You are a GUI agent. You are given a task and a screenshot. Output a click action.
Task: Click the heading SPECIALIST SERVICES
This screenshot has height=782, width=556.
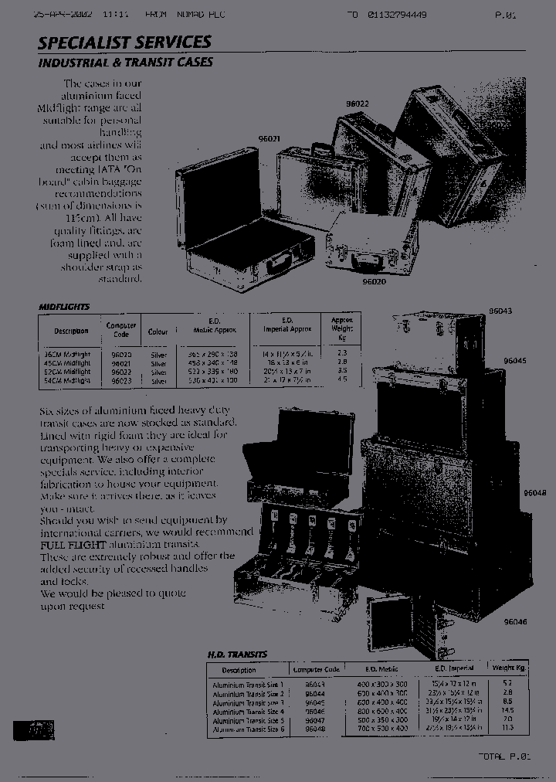point(124,42)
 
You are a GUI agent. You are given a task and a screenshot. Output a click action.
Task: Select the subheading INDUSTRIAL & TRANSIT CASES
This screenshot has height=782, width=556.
point(125,62)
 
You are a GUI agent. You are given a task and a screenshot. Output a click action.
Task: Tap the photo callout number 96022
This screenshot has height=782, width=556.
point(357,103)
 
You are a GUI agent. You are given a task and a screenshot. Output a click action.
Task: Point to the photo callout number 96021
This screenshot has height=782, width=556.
point(269,140)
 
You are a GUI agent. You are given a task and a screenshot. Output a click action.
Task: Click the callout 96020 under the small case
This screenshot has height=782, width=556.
point(374,282)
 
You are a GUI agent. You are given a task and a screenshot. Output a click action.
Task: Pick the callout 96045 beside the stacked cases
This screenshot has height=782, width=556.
point(514,361)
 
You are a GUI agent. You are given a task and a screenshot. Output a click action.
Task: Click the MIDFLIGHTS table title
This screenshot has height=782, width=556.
point(64,307)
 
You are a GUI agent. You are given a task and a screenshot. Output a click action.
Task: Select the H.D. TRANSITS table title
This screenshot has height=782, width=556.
point(237,654)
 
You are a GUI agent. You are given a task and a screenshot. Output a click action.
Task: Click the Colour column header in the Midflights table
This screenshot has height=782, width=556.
point(158,331)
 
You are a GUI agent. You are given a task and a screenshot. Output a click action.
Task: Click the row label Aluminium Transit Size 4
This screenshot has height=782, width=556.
point(249,711)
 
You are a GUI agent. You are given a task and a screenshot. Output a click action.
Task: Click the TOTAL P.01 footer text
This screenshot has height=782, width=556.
point(504,756)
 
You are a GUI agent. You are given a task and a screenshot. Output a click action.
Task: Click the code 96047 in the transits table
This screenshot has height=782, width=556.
point(316,719)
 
